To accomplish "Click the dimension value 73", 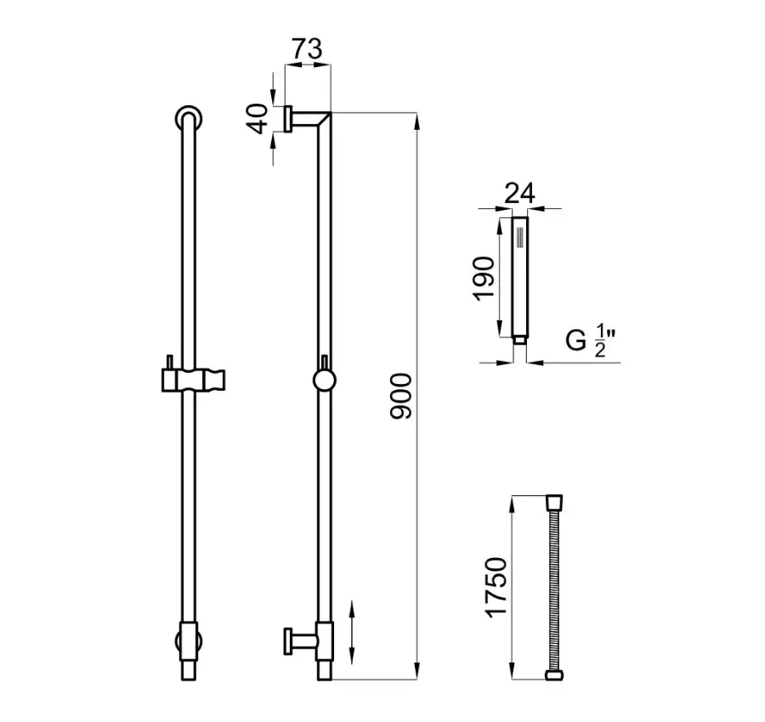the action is (x=308, y=48).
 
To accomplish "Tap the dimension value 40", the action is (x=258, y=118).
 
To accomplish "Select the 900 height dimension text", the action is (x=401, y=396).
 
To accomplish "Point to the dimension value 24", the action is (x=519, y=193).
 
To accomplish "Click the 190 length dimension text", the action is (x=484, y=279).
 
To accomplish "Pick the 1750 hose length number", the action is (x=496, y=587).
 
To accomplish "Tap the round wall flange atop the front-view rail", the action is (x=189, y=118).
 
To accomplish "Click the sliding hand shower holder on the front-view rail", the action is (x=193, y=380).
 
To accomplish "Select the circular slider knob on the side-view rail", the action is (x=325, y=381).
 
